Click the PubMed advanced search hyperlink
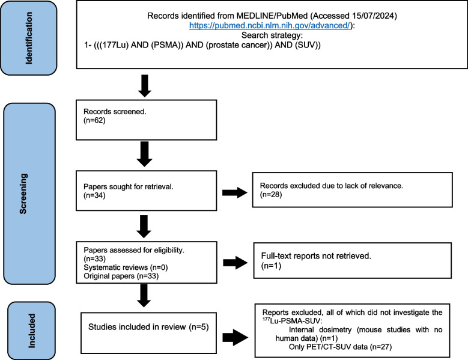tap(270, 26)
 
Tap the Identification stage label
tap(29, 38)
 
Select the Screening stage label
tap(23, 194)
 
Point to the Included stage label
tap(31, 331)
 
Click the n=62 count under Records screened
tap(94, 120)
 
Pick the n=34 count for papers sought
tap(94, 195)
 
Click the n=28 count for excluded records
tap(271, 194)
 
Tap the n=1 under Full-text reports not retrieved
tap(272, 266)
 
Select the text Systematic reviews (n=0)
tap(126, 267)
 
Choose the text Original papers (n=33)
tap(121, 276)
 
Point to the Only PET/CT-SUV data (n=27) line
tap(340, 347)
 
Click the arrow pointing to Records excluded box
tap(235, 192)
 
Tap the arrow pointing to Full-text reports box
tap(236, 263)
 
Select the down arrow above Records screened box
tap(145, 86)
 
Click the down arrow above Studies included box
tap(144, 296)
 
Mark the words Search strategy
tap(272, 35)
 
